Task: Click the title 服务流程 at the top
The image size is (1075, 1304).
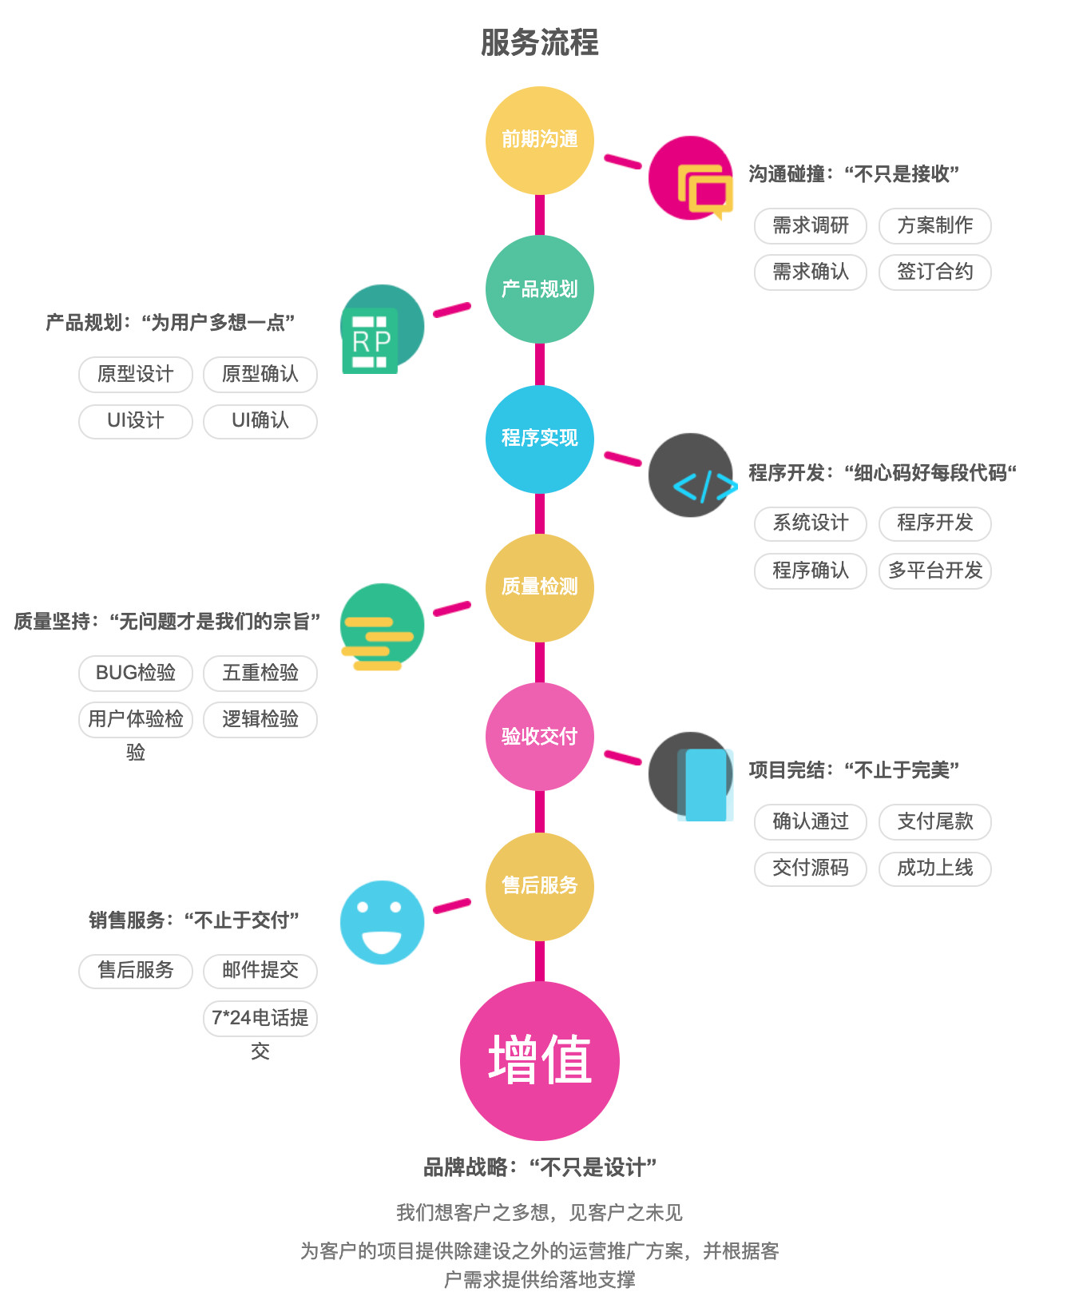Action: (539, 42)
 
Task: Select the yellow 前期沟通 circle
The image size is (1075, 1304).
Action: (539, 140)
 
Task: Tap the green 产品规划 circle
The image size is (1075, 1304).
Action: (539, 288)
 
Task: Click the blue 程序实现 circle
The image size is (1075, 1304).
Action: (539, 438)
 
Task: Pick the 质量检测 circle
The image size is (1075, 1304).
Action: (539, 586)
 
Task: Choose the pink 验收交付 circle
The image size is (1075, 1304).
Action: (539, 736)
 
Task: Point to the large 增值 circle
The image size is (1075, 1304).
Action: (539, 1060)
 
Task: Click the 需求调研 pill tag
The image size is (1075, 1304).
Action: (810, 225)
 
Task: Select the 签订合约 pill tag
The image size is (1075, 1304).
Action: (934, 272)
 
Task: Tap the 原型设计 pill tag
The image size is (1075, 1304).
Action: (135, 374)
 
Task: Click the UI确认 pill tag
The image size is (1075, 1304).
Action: (260, 420)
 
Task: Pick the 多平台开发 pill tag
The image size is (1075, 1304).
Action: (934, 570)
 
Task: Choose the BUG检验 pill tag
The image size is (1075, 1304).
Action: (135, 673)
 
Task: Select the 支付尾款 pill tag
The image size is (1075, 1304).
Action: (934, 821)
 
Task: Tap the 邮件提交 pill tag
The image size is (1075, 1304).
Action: (260, 970)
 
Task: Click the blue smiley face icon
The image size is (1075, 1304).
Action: (382, 922)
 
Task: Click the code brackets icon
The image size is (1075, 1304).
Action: (692, 476)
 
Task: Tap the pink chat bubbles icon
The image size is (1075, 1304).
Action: (691, 179)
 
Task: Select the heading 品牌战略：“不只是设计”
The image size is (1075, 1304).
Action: (539, 1167)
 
